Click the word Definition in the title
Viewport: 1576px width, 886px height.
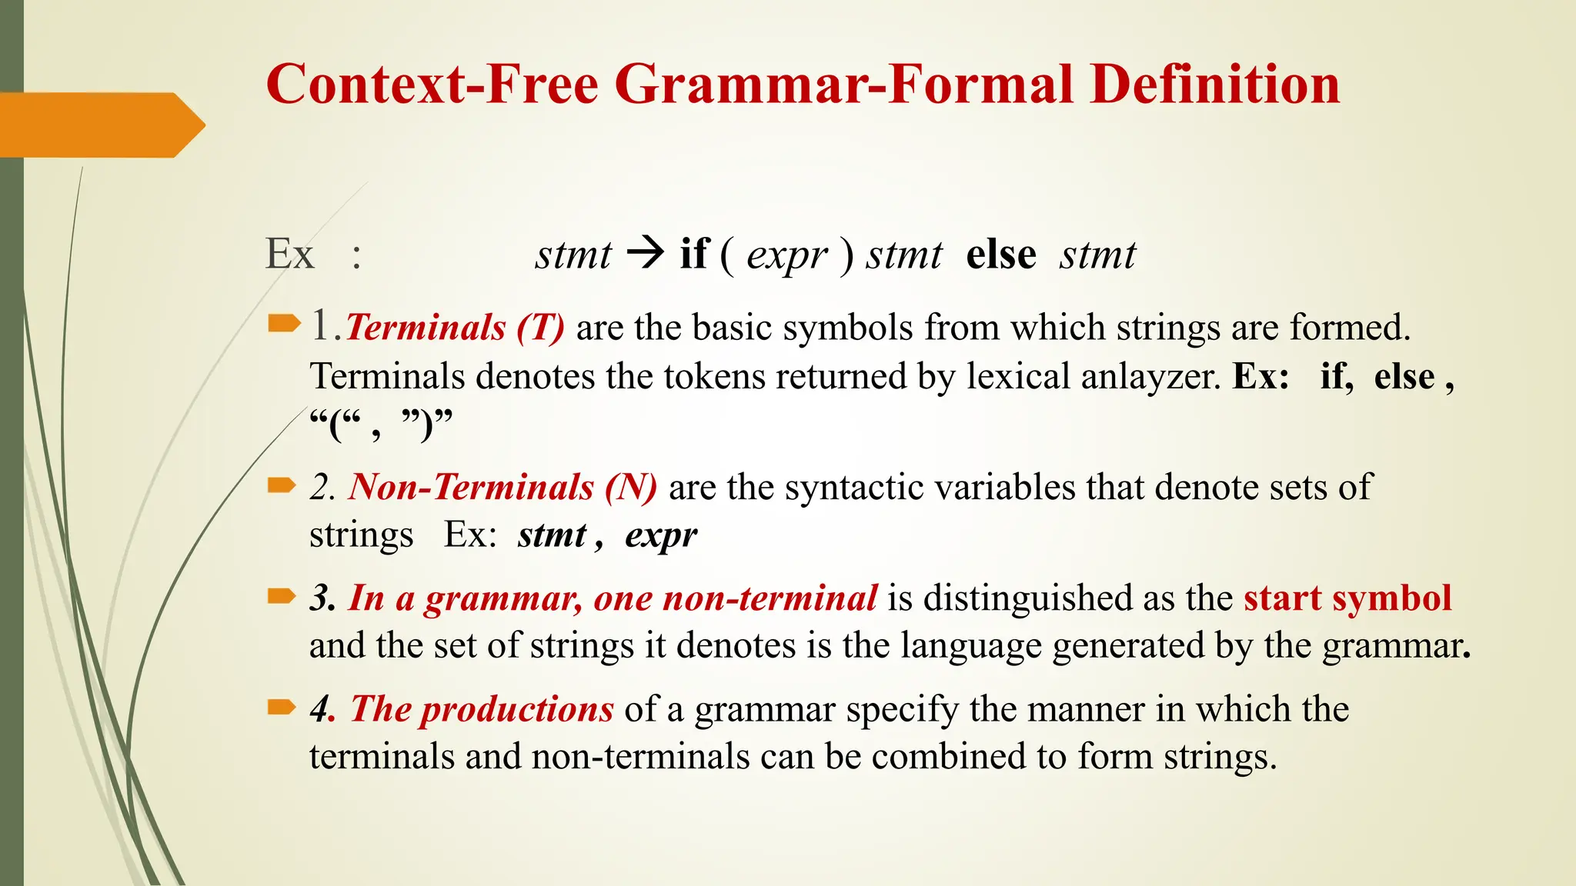click(x=1215, y=85)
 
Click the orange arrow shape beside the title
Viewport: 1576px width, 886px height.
click(x=100, y=125)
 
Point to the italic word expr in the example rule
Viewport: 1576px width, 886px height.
click(x=786, y=255)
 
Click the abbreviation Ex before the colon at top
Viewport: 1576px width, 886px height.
click(x=289, y=254)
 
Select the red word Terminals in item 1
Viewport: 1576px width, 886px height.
click(x=426, y=328)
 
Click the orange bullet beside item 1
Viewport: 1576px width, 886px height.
click(x=282, y=324)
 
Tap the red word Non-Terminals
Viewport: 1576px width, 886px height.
click(x=471, y=488)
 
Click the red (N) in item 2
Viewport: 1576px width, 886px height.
click(x=630, y=488)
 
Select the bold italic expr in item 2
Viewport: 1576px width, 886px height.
click(x=661, y=535)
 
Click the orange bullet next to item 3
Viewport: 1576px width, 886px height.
click(x=282, y=596)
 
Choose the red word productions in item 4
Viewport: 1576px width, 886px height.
click(x=517, y=709)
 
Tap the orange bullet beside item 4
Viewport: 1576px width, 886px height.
click(x=282, y=707)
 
